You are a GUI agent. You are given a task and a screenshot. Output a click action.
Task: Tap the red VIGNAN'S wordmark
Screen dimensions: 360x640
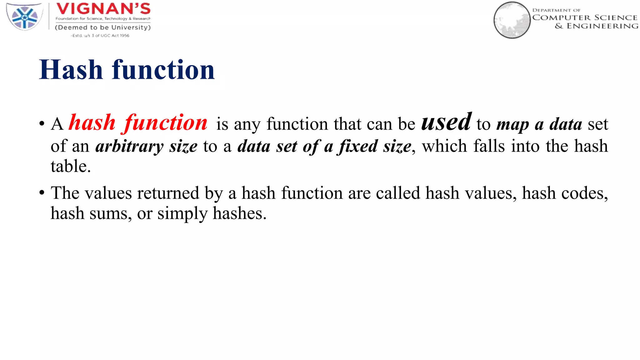point(103,9)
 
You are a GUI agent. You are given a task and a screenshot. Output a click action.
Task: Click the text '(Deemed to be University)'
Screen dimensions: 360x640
point(103,27)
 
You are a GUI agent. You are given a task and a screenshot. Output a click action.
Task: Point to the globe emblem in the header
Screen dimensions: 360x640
point(512,20)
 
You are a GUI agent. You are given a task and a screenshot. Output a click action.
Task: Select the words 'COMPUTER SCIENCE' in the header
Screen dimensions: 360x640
point(585,18)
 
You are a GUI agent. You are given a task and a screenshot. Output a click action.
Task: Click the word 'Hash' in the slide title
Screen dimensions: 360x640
point(71,70)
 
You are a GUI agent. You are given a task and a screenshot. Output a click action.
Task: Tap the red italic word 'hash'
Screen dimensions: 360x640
point(92,122)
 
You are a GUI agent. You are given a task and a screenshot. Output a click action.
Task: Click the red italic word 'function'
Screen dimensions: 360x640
point(166,123)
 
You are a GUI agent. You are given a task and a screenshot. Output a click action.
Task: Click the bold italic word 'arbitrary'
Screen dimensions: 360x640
point(129,147)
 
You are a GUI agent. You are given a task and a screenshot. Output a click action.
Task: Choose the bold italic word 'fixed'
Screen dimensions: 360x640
point(358,146)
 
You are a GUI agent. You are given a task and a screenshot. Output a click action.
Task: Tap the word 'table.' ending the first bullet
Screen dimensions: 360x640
point(71,166)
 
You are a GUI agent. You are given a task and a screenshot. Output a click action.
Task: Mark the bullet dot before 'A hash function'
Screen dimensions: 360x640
point(42,124)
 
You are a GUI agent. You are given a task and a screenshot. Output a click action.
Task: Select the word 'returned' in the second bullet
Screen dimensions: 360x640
point(168,193)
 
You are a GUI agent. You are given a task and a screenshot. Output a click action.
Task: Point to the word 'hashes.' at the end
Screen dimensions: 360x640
point(240,214)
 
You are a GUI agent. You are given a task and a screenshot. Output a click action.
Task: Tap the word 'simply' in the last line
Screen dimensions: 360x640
point(182,214)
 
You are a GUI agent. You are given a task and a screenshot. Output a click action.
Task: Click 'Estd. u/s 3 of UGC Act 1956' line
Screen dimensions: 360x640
point(100,36)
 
